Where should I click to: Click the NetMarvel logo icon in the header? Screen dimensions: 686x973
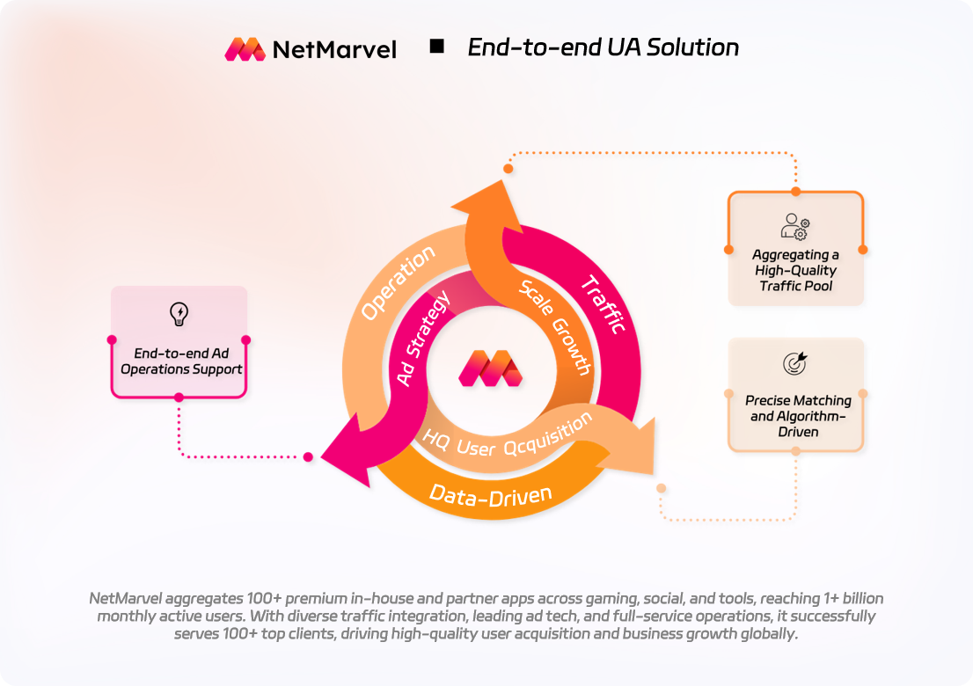(245, 48)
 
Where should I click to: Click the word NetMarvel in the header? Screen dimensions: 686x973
(334, 49)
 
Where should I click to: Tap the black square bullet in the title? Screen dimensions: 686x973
(436, 47)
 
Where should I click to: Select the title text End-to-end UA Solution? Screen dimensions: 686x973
(603, 47)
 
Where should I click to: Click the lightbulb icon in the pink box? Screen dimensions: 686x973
(179, 313)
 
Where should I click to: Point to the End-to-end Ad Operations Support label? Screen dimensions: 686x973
(180, 361)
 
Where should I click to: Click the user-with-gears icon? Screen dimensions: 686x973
(795, 225)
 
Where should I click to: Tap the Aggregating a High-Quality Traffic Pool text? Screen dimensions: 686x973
(795, 270)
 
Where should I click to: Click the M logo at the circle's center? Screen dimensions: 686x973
(489, 368)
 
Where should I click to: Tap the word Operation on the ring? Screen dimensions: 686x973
(398, 282)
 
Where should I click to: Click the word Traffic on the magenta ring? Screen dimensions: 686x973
(603, 304)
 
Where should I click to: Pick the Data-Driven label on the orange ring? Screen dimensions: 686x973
(490, 494)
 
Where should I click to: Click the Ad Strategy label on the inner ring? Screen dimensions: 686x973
(424, 338)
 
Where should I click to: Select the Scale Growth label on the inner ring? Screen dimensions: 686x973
(555, 326)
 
